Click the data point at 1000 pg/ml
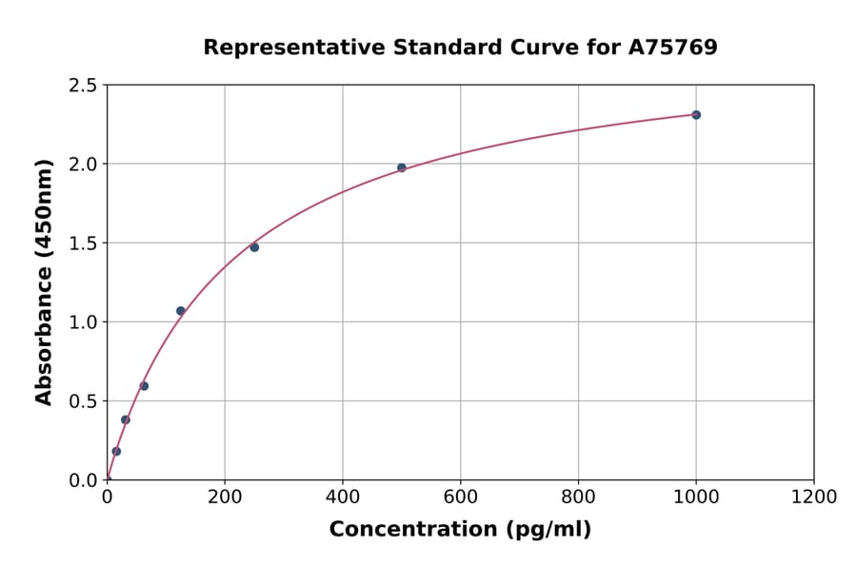pyautogui.click(x=696, y=115)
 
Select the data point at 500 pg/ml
pyautogui.click(x=402, y=167)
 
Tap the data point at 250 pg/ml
pyautogui.click(x=254, y=247)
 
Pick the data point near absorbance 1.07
pyautogui.click(x=181, y=311)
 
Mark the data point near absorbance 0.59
pyautogui.click(x=144, y=386)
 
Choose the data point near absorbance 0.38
pyautogui.click(x=126, y=419)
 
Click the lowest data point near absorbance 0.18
pyautogui.click(x=116, y=451)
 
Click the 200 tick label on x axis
pyautogui.click(x=225, y=497)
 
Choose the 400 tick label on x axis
pyautogui.click(x=343, y=497)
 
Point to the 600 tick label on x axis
pyautogui.click(x=461, y=497)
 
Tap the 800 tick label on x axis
pyautogui.click(x=578, y=497)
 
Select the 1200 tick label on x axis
pyautogui.click(x=814, y=497)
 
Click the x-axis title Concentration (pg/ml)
pyautogui.click(x=460, y=530)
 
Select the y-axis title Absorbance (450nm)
pyautogui.click(x=44, y=282)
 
